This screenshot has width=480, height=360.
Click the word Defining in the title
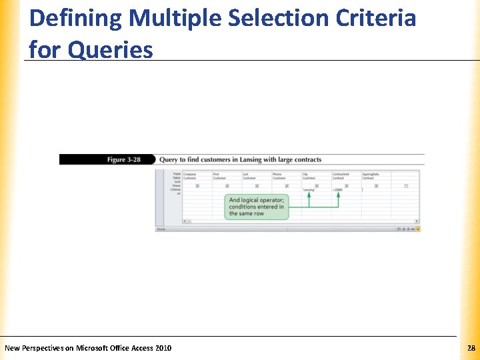75,18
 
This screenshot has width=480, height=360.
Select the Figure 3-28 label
125,160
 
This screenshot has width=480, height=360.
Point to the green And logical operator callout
257,207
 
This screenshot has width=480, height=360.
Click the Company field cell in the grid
189,174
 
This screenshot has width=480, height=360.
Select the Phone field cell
277,174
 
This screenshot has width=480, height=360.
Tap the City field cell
305,174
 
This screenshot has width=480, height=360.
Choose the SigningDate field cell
371,174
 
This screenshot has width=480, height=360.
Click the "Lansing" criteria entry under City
308,190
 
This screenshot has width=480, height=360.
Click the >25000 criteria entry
337,190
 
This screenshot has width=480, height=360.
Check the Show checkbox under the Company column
197,186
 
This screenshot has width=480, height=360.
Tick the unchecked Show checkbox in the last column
406,186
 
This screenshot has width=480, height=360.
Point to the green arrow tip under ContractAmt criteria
338,195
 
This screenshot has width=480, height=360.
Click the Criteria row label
175,190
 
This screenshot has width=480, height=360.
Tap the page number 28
471,348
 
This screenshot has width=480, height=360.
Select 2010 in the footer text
163,348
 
